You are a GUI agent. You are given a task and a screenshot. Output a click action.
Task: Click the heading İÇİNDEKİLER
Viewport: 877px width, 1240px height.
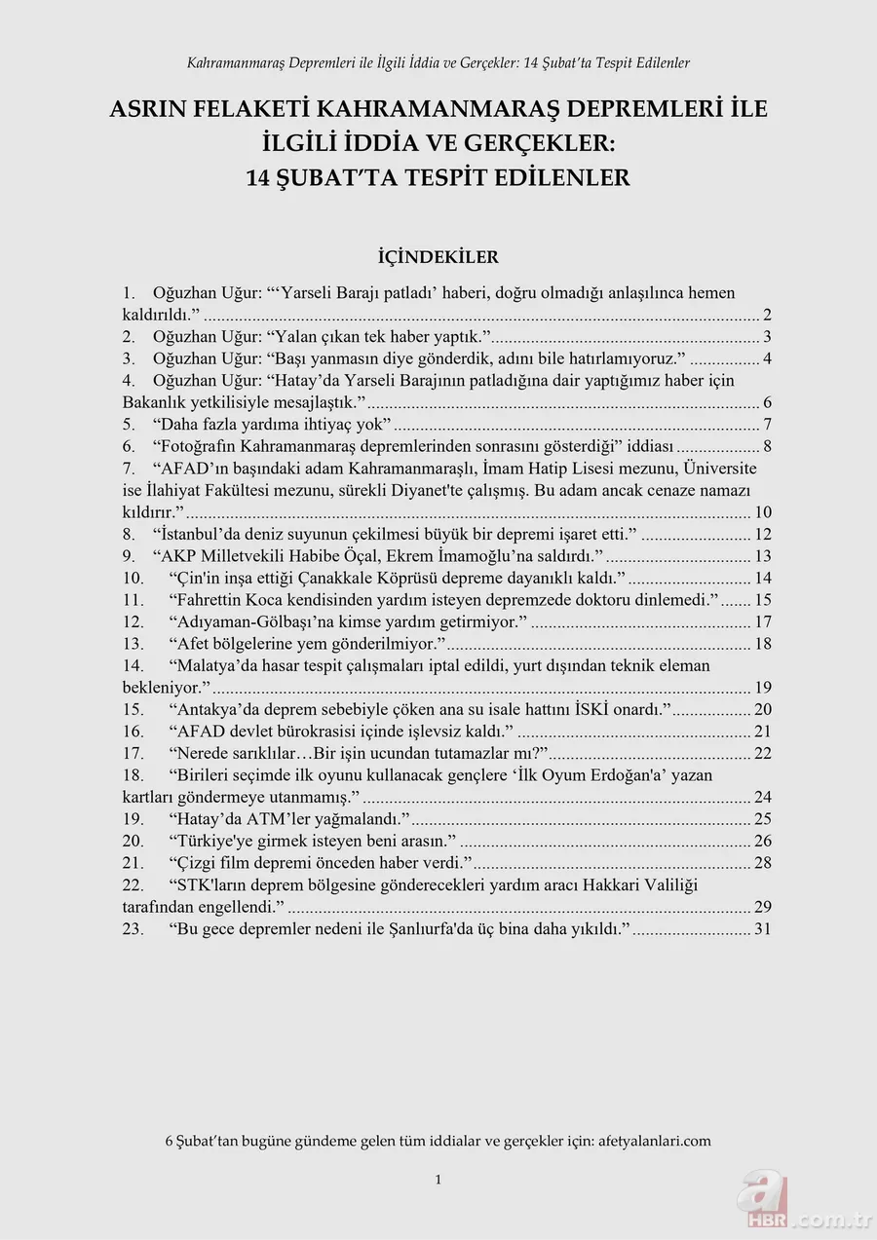pyautogui.click(x=438, y=257)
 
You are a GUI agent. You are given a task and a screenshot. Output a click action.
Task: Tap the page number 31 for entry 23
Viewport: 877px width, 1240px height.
pyautogui.click(x=762, y=928)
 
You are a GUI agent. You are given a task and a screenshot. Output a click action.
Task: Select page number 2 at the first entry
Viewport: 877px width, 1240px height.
pyautogui.click(x=767, y=314)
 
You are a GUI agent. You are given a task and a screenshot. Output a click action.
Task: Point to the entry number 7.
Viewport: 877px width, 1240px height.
pyautogui.click(x=129, y=468)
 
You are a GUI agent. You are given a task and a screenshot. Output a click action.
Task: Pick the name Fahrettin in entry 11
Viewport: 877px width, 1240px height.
pyautogui.click(x=208, y=599)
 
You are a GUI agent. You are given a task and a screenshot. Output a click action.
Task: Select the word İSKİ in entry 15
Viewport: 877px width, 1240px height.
pyautogui.click(x=636, y=709)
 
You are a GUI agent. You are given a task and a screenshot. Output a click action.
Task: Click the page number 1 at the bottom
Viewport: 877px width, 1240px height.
pyautogui.click(x=438, y=1180)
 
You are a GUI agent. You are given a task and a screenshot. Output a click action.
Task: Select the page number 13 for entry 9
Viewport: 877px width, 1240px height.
pyautogui.click(x=762, y=555)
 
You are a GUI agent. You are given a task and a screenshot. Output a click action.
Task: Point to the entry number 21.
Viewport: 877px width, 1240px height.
pyautogui.click(x=133, y=863)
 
